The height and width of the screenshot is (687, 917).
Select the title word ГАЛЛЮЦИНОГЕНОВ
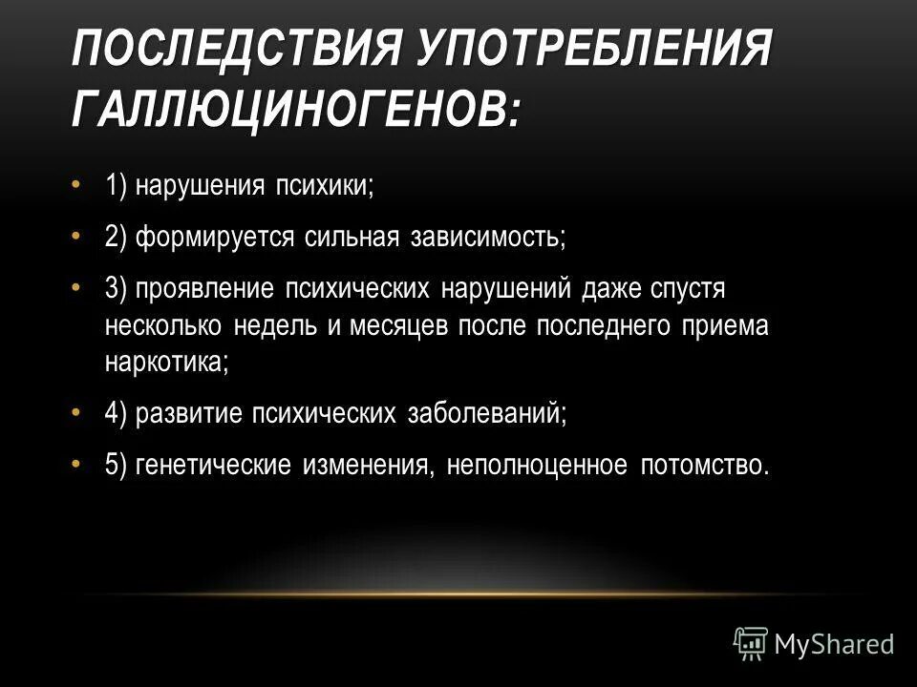[x=297, y=110]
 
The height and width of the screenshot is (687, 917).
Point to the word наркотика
[x=167, y=362]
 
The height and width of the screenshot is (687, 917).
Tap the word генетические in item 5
[x=216, y=465]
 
